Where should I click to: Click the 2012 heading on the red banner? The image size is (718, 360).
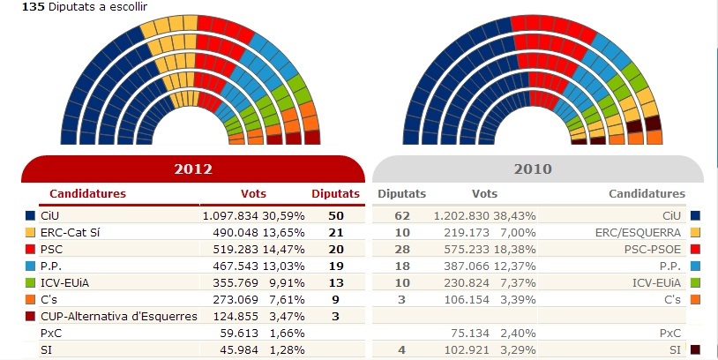click(x=193, y=169)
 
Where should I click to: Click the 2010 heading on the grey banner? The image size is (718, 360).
click(x=533, y=169)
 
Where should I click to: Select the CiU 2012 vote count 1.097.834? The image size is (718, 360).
click(x=234, y=215)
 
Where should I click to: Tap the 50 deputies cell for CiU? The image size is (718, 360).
click(x=335, y=215)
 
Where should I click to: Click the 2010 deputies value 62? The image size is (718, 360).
click(x=401, y=215)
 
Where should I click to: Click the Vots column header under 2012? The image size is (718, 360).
click(x=253, y=193)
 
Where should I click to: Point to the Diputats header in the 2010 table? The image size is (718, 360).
click(x=401, y=193)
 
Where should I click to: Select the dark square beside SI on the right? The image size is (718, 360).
click(x=696, y=349)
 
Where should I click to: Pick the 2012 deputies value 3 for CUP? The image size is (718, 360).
click(x=335, y=315)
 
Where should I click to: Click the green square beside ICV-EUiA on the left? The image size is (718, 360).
click(x=31, y=281)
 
